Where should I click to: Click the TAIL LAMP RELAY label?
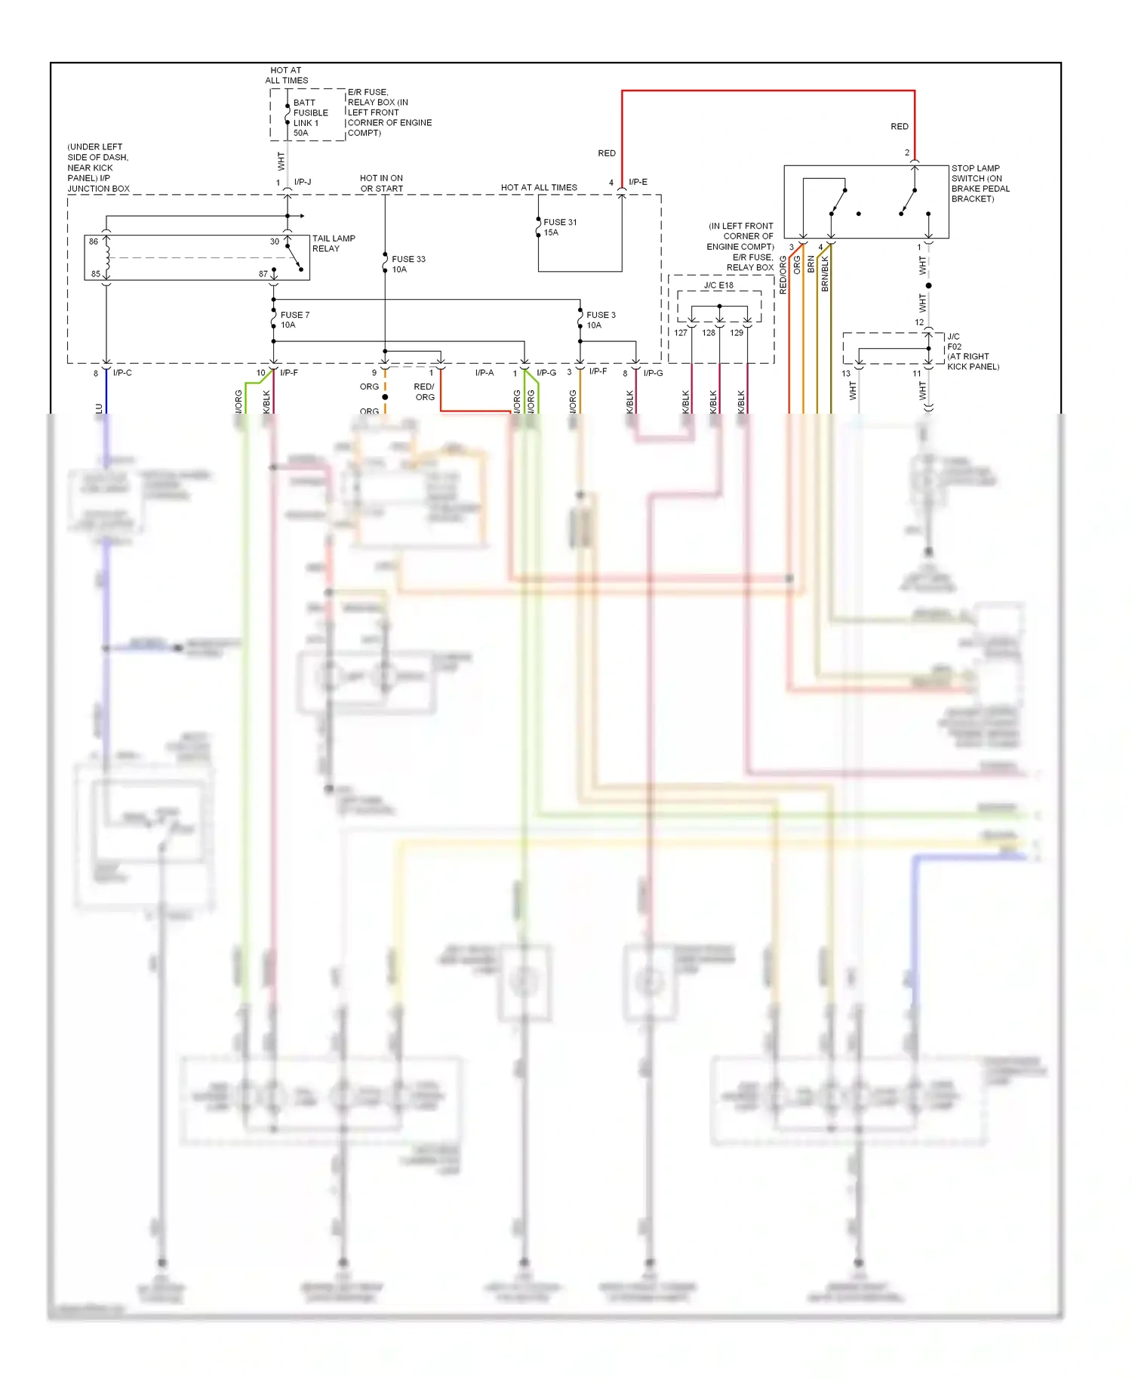pyautogui.click(x=334, y=243)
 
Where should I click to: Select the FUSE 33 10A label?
pyautogui.click(x=408, y=264)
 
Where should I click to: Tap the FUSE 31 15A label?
pyautogui.click(x=559, y=227)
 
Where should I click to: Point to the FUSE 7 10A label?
pyautogui.click(x=294, y=320)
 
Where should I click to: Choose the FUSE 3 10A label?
pyautogui.click(x=601, y=320)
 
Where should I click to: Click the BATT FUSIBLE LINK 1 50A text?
pyautogui.click(x=309, y=118)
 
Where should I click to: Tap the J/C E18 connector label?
pyautogui.click(x=718, y=285)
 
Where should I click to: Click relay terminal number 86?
pyautogui.click(x=94, y=242)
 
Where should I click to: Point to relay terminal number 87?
pyautogui.click(x=263, y=274)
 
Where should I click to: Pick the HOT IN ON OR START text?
pyautogui.click(x=381, y=183)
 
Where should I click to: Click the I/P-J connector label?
pyautogui.click(x=303, y=182)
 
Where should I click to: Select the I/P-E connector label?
pyautogui.click(x=638, y=182)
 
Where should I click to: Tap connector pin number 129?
pyautogui.click(x=737, y=333)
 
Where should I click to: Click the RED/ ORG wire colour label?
pyautogui.click(x=424, y=392)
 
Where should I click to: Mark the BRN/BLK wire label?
pyautogui.click(x=825, y=273)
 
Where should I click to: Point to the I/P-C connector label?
pyautogui.click(x=122, y=373)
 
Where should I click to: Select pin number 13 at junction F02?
pyautogui.click(x=846, y=374)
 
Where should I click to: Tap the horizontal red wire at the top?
pyautogui.click(x=767, y=91)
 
